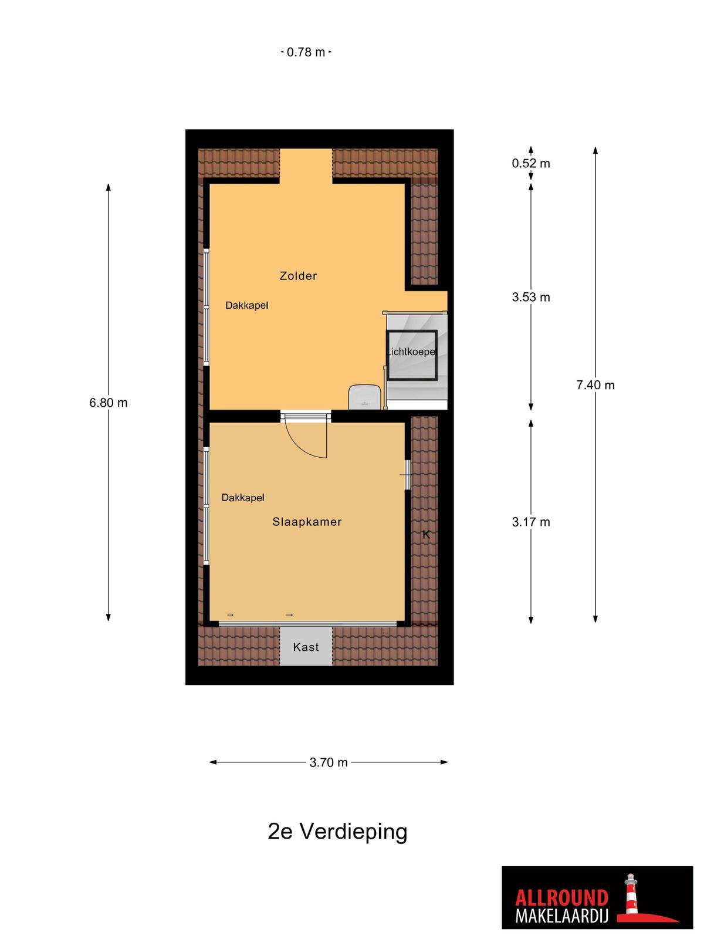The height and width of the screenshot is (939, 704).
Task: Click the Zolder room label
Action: click(x=298, y=276)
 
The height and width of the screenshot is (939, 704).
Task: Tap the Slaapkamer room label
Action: click(x=307, y=522)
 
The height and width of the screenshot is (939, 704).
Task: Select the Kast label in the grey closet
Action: click(x=306, y=647)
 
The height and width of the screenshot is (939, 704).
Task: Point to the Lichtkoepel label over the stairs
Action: click(x=411, y=352)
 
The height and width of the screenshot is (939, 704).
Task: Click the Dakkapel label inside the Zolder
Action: click(x=246, y=305)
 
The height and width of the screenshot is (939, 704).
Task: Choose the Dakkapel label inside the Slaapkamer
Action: click(x=243, y=498)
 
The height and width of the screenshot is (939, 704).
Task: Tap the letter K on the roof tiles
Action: click(x=426, y=535)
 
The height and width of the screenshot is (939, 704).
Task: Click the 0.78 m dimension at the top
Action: click(x=306, y=52)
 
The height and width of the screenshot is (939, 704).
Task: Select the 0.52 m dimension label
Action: click(x=531, y=163)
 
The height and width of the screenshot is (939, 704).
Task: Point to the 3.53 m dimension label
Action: click(x=531, y=297)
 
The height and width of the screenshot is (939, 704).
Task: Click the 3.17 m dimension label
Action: click(x=531, y=522)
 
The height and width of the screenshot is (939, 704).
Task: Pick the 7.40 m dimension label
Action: click(x=595, y=385)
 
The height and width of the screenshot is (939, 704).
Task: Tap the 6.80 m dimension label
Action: click(x=109, y=403)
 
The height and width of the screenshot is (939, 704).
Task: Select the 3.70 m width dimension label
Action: click(x=329, y=762)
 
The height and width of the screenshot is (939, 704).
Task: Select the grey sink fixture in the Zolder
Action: click(x=364, y=397)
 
